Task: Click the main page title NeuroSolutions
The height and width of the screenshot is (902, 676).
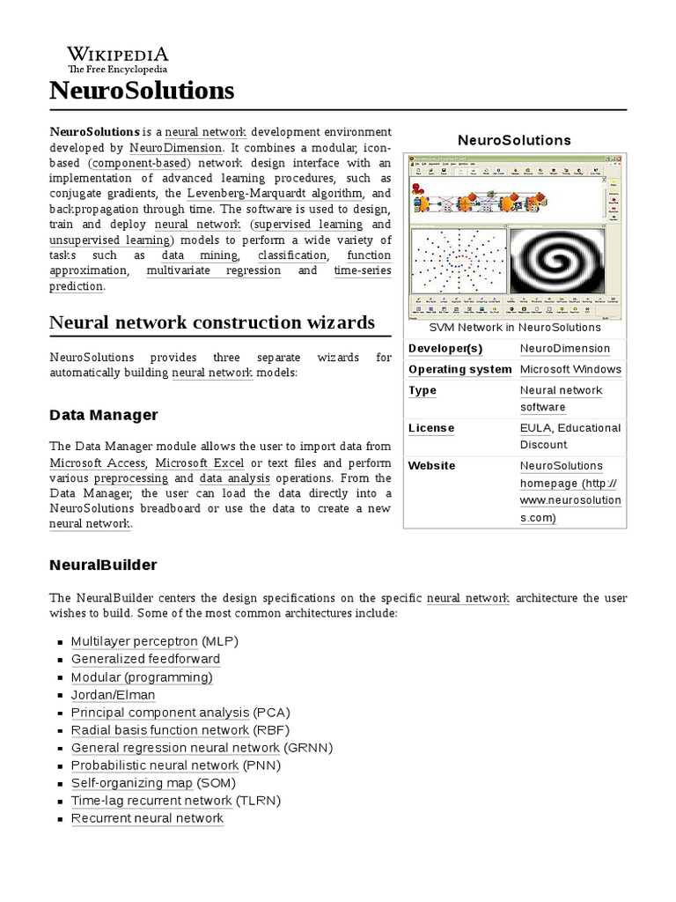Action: (142, 90)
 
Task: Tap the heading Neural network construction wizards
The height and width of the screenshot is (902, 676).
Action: (212, 322)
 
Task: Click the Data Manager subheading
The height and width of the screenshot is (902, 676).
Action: (104, 414)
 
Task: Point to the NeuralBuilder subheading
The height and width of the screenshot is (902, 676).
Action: (103, 564)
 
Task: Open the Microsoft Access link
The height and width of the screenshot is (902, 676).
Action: (99, 462)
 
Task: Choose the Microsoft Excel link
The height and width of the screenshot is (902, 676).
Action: (201, 462)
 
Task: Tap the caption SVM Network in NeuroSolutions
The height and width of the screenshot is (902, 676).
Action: (514, 327)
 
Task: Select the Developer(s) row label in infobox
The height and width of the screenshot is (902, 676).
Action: (445, 349)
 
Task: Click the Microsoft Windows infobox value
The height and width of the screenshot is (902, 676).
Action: (570, 370)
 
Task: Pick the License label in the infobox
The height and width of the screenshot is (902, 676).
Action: (431, 428)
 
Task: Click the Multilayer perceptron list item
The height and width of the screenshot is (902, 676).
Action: (134, 641)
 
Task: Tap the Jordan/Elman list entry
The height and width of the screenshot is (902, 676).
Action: (113, 694)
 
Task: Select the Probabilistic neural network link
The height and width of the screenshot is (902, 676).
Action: (154, 765)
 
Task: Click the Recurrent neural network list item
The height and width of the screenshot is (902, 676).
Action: (147, 817)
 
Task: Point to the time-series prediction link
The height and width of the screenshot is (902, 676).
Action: (362, 270)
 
